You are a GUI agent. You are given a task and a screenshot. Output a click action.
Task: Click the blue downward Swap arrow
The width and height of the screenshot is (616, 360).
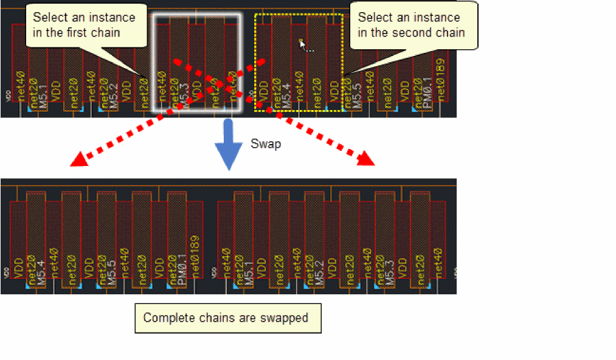pos(227,144)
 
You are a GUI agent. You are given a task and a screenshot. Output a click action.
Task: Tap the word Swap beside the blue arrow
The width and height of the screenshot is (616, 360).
pos(265,144)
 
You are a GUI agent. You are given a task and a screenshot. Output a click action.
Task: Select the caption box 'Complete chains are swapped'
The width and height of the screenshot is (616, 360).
pos(227,318)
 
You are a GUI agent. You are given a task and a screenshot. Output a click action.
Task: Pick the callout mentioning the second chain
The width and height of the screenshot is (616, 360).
pos(412,25)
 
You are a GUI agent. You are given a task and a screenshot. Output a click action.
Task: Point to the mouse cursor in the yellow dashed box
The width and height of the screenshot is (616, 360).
pos(302,43)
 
